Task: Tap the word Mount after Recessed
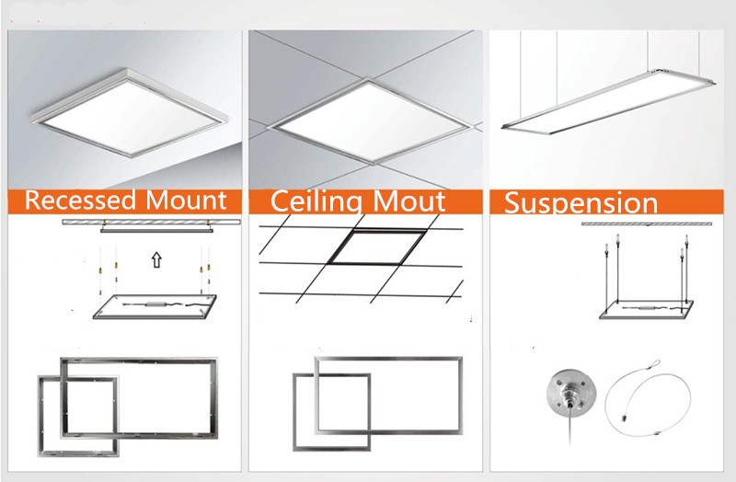[187, 200]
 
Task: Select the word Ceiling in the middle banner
[316, 201]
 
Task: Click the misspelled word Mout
[408, 201]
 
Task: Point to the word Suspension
[581, 203]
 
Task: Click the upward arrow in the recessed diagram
[156, 259]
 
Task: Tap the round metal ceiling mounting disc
[570, 394]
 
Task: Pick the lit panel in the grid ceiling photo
[370, 121]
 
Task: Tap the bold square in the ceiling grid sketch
[378, 247]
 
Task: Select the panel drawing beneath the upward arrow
[155, 307]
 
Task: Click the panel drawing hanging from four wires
[647, 310]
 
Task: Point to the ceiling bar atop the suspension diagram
[647, 224]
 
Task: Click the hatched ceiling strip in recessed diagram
[151, 222]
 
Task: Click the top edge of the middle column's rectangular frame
[388, 359]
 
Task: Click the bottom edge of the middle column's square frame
[331, 448]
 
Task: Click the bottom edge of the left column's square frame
[78, 453]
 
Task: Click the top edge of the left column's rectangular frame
[139, 361]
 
